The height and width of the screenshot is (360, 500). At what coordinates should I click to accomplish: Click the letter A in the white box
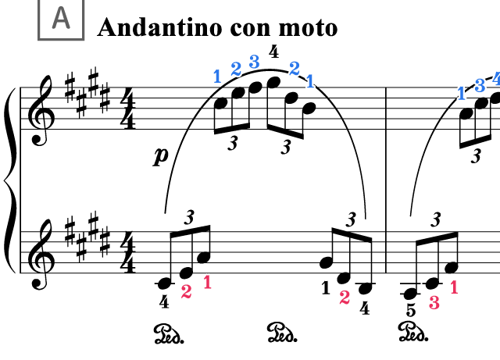click(61, 18)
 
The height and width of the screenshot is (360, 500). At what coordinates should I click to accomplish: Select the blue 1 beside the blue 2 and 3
click(217, 77)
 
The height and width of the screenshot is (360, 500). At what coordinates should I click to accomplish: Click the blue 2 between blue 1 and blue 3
click(236, 69)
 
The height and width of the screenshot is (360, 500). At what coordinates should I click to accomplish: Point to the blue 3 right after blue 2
click(254, 62)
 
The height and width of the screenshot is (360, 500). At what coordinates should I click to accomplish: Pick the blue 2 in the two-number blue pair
click(294, 69)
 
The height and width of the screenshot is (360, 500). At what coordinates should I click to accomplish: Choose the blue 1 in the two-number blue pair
click(310, 81)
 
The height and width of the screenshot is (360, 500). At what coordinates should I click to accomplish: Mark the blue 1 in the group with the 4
click(461, 94)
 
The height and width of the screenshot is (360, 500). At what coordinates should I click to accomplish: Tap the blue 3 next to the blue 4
click(480, 86)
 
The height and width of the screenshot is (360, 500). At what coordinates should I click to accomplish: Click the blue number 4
click(496, 79)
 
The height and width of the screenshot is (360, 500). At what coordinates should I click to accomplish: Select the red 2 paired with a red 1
click(186, 292)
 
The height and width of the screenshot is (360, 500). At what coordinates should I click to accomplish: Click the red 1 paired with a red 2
click(207, 283)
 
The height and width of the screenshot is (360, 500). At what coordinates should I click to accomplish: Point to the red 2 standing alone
click(345, 298)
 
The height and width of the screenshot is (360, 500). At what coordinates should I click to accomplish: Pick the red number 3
click(434, 303)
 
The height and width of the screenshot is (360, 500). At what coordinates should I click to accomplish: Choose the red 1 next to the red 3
click(454, 287)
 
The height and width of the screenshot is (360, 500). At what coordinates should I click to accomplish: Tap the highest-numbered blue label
click(496, 79)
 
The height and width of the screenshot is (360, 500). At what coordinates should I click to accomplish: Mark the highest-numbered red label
click(434, 303)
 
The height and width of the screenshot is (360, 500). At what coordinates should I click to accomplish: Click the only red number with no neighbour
click(345, 298)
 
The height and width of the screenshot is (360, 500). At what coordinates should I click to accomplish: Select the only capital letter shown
click(61, 18)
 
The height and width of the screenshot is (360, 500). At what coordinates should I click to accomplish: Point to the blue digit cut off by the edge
click(496, 79)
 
